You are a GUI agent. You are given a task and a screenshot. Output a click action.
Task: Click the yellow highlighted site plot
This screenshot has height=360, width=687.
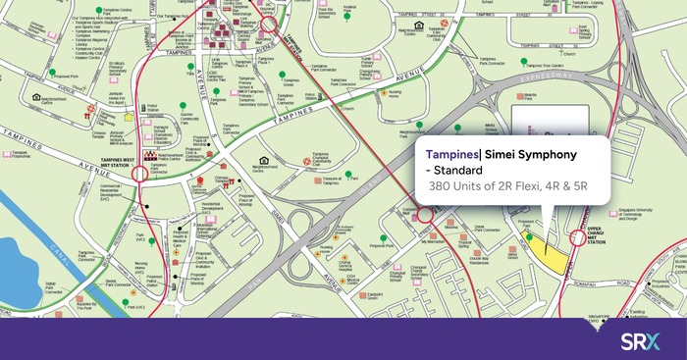tap(555, 256)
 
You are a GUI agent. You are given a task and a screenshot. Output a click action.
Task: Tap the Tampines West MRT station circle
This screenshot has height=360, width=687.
tap(139, 174)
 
